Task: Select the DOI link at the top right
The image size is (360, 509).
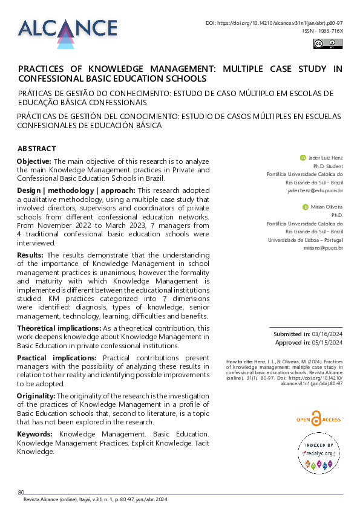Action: tap(274, 22)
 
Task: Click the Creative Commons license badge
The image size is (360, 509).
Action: tap(327, 43)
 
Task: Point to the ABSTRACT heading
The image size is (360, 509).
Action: tap(37, 149)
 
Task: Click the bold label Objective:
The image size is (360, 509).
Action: tap(34, 161)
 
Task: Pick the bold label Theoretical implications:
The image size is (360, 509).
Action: tap(59, 328)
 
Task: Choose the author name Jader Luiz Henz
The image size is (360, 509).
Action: tap(326, 157)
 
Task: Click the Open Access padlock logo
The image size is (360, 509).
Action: tap(315, 418)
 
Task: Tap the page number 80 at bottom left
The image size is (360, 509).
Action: tap(21, 492)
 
